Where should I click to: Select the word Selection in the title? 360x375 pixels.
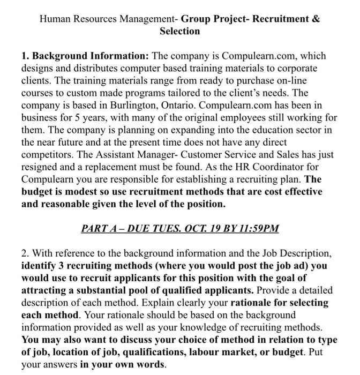tap(179, 31)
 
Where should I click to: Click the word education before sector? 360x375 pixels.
tap(260, 130)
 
